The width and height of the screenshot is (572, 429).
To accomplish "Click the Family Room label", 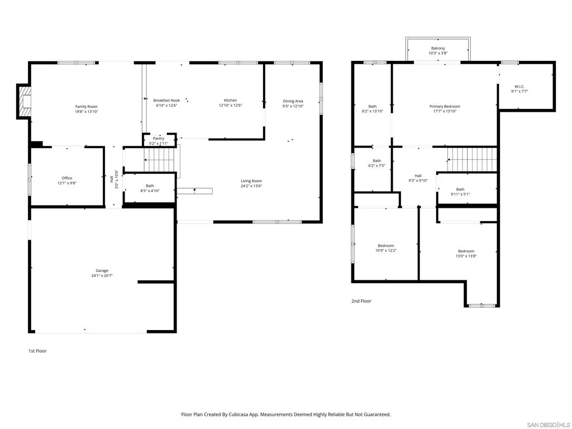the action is pos(87,107).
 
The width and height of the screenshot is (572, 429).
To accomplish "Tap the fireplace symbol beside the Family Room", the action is pos(24,102).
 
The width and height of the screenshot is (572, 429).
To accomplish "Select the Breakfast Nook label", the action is pos(166,101).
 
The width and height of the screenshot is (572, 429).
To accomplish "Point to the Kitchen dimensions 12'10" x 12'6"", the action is pos(230,106).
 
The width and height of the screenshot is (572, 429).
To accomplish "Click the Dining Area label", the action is pos(293,101).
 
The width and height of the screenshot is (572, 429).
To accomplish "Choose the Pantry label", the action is pos(159,139).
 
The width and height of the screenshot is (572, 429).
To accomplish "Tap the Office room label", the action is pos(67,178).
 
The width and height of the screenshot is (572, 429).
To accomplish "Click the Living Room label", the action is pos(251,181).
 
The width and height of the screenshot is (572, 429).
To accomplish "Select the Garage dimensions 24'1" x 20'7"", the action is pos(102,276).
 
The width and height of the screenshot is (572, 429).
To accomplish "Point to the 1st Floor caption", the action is pos(37,351).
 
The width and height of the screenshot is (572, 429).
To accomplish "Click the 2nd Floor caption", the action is pos(361,301).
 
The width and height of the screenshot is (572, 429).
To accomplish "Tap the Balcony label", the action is pos(438,48).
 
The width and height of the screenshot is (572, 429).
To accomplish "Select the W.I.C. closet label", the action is pos(519,87).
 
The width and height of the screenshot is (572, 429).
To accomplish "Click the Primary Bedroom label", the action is pos(445,107).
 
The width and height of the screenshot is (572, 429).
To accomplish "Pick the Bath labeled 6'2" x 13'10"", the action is pos(373,109).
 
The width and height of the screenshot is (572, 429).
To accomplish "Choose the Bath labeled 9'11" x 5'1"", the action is pos(460,192).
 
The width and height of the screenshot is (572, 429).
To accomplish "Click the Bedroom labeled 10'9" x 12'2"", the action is pos(386,248).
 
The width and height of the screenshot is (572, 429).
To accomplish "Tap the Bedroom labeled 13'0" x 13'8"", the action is pos(466,254).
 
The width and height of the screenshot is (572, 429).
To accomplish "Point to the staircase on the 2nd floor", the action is pos(473,160).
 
